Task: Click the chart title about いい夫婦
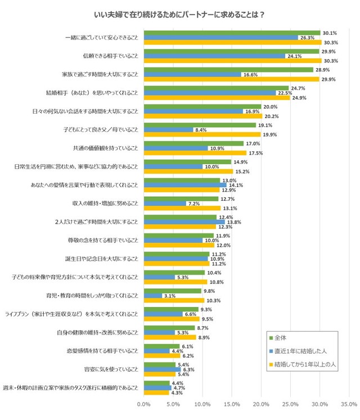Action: [x=180, y=15]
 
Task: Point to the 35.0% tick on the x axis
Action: [x=349, y=403]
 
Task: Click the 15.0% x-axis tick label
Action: [x=232, y=403]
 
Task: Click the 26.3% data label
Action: [x=307, y=38]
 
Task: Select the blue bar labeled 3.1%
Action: [x=153, y=296]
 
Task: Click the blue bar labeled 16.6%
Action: [x=192, y=75]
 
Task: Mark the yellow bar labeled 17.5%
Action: [x=195, y=153]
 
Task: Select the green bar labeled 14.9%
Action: [x=188, y=161]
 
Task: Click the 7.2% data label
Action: [x=194, y=204]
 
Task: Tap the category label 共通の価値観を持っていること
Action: [x=106, y=148]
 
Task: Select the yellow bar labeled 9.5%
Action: [x=172, y=318]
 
